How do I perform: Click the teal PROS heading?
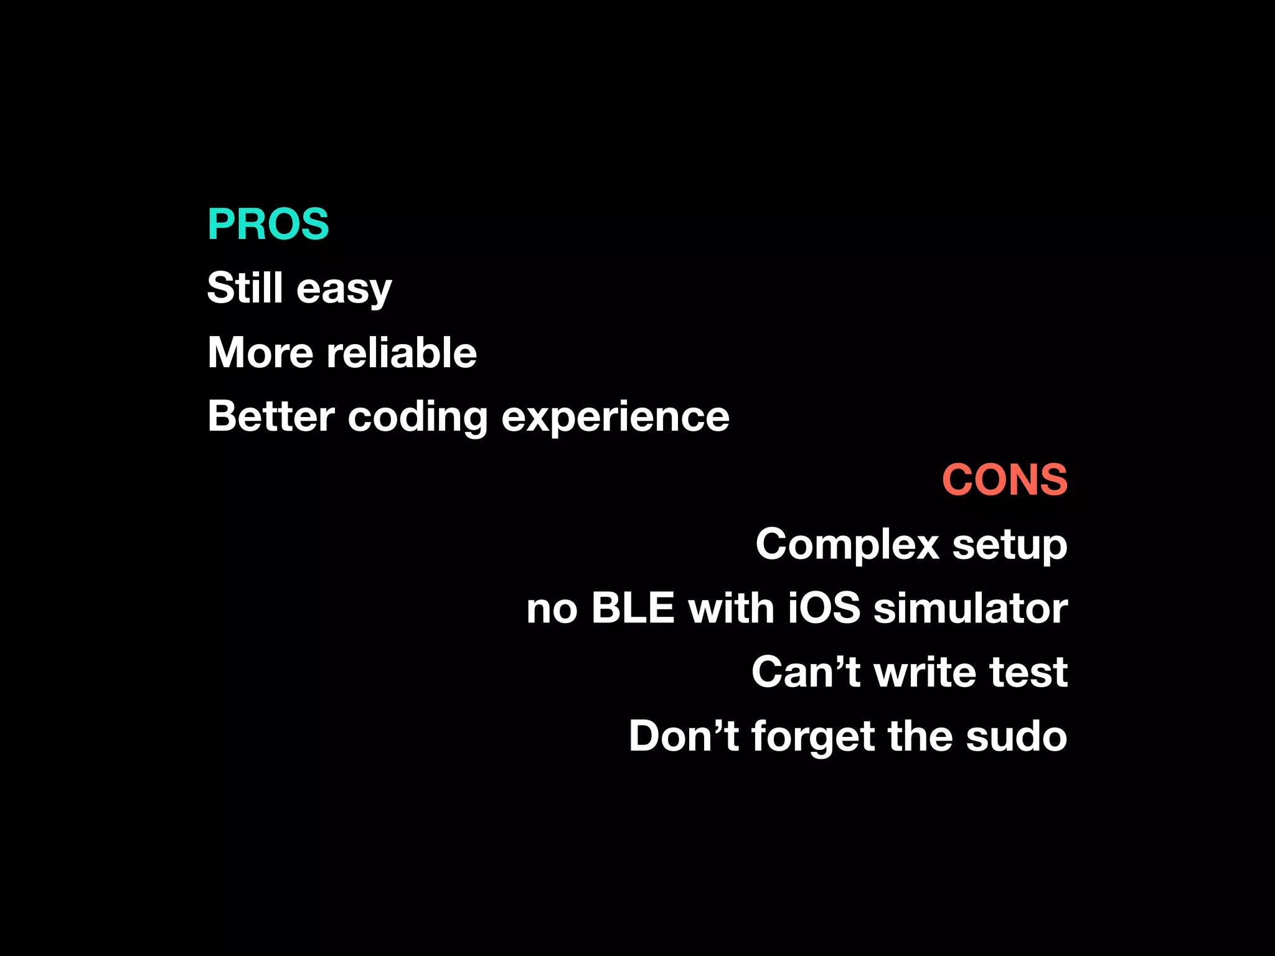tap(268, 224)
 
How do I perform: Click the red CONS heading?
tap(1005, 480)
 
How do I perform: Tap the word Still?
tap(245, 288)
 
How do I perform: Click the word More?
tap(260, 352)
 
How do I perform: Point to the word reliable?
tap(402, 352)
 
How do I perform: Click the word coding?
tap(418, 418)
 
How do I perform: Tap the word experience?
tap(615, 418)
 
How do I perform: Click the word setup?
tap(1010, 546)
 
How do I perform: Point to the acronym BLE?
tap(633, 607)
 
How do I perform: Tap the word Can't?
tap(806, 672)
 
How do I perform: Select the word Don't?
tap(684, 736)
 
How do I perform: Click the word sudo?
tap(1016, 736)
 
